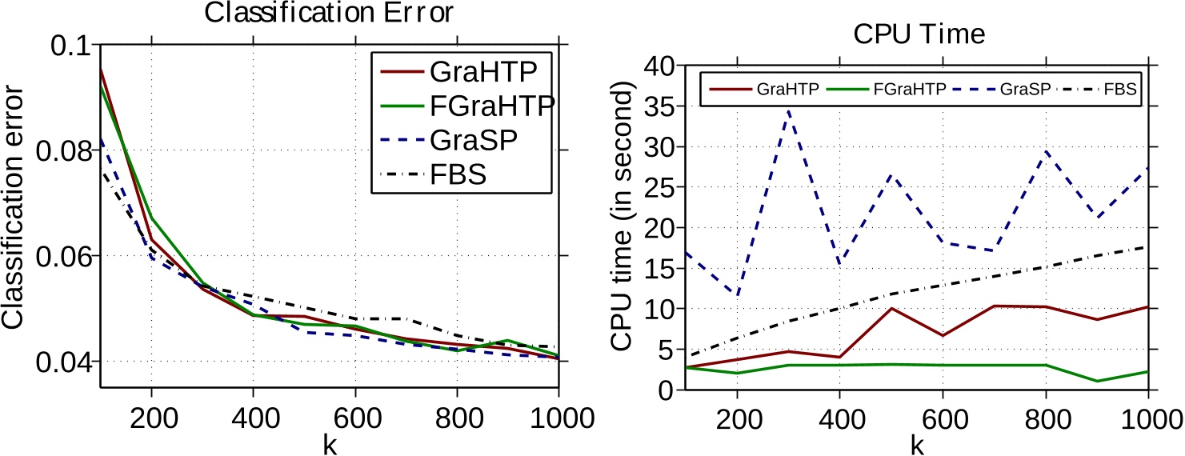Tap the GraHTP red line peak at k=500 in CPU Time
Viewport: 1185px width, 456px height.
point(891,308)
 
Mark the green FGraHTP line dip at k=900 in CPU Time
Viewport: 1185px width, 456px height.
point(1096,381)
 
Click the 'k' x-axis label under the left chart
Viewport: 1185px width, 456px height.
point(328,444)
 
